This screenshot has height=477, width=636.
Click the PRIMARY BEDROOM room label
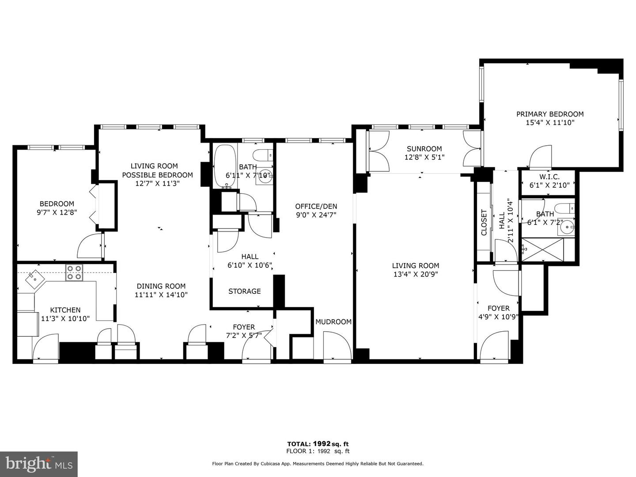point(550,114)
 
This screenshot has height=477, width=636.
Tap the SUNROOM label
point(424,149)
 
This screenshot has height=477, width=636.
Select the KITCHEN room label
point(65,310)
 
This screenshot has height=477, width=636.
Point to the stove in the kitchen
point(74,273)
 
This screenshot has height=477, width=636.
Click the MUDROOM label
point(333,322)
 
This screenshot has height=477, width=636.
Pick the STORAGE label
point(244,291)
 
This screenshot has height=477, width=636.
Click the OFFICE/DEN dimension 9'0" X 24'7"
point(316,215)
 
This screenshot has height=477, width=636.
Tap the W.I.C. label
point(549,177)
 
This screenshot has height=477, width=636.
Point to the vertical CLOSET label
point(484,222)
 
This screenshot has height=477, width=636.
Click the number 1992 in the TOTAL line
point(322,444)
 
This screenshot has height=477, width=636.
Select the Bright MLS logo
point(39,464)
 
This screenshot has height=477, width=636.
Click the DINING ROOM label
point(161,286)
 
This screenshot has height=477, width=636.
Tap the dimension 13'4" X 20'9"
point(416,274)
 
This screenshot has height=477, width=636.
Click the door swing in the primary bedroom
point(541,157)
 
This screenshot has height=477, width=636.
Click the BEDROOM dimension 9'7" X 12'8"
point(57,212)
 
